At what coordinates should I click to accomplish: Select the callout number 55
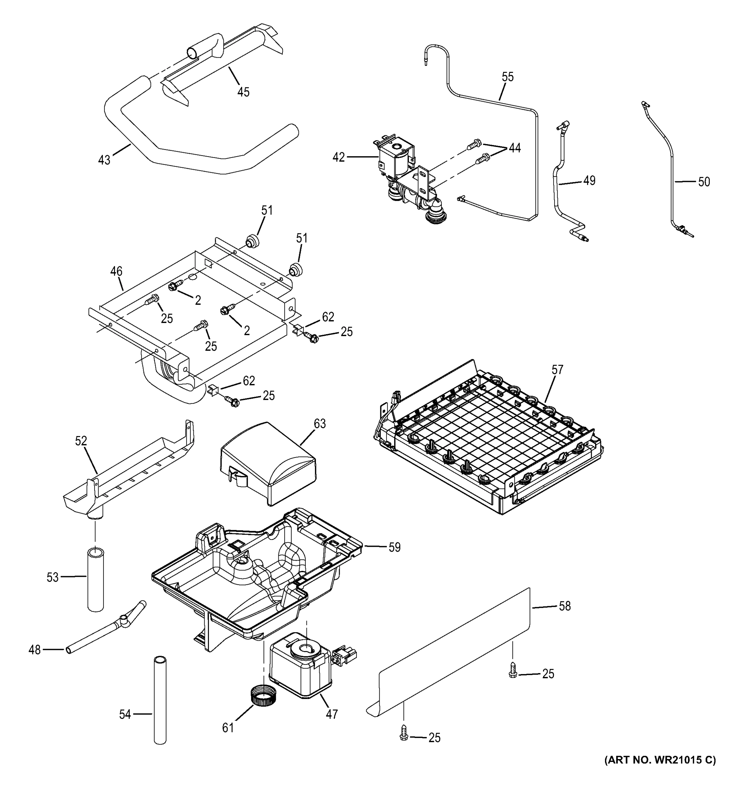(507, 77)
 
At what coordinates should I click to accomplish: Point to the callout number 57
(557, 370)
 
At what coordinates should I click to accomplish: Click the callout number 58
(564, 606)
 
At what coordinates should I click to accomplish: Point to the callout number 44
(514, 148)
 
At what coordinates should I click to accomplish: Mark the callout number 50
(703, 182)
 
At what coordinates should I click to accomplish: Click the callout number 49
(589, 181)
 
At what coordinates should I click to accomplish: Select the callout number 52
(81, 441)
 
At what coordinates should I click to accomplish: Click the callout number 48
(35, 650)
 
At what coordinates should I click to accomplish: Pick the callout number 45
(243, 92)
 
